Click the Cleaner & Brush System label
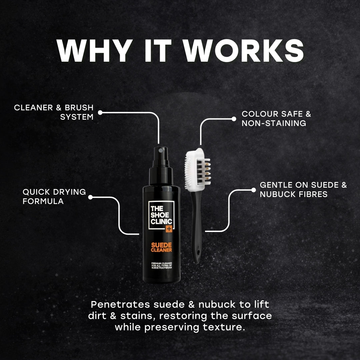[54, 112]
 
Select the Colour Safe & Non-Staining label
[276, 118]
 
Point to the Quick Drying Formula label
[54, 197]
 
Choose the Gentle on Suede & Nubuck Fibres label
[303, 189]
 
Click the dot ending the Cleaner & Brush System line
[100, 113]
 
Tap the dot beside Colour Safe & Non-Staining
[234, 119]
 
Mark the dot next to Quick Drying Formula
[90, 197]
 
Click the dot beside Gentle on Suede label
[252, 190]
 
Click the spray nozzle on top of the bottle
[162, 151]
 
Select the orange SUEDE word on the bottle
[161, 244]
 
